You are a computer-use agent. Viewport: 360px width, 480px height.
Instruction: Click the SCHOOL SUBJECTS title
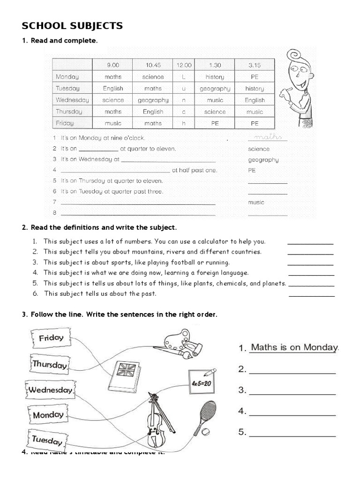(72, 26)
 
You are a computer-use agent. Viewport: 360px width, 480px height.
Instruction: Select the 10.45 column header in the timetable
(153, 65)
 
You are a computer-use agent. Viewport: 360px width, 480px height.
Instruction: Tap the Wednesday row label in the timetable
(72, 100)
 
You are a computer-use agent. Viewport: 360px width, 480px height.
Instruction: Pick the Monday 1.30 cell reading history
(215, 77)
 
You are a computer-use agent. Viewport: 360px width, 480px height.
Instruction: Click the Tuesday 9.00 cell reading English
(113, 88)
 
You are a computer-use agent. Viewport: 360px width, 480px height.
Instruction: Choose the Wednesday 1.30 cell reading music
(215, 100)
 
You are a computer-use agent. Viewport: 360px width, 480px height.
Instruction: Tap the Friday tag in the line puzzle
(51, 338)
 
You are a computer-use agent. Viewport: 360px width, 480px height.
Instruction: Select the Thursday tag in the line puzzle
(50, 364)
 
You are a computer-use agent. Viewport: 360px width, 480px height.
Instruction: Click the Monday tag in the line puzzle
(48, 415)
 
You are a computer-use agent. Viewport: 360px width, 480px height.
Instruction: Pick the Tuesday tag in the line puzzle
(47, 440)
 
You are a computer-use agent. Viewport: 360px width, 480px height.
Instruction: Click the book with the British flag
(125, 376)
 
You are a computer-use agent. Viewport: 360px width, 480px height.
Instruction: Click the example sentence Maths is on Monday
(294, 347)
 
